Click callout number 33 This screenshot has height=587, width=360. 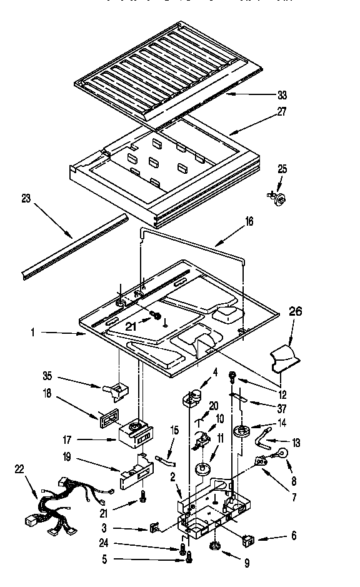click(x=282, y=96)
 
